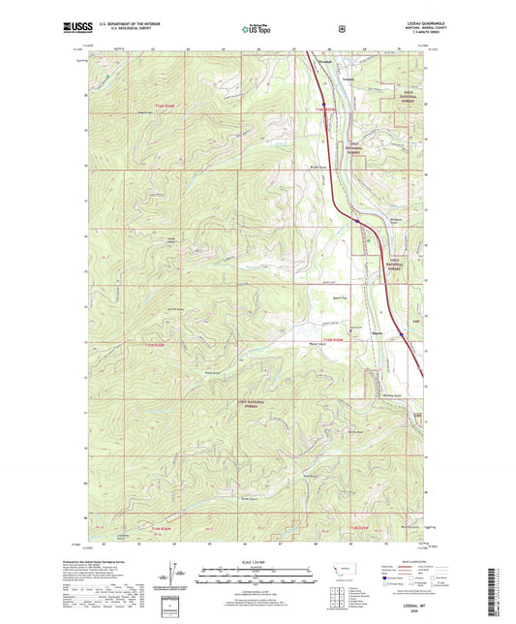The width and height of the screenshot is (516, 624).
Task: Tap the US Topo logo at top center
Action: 258,29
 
